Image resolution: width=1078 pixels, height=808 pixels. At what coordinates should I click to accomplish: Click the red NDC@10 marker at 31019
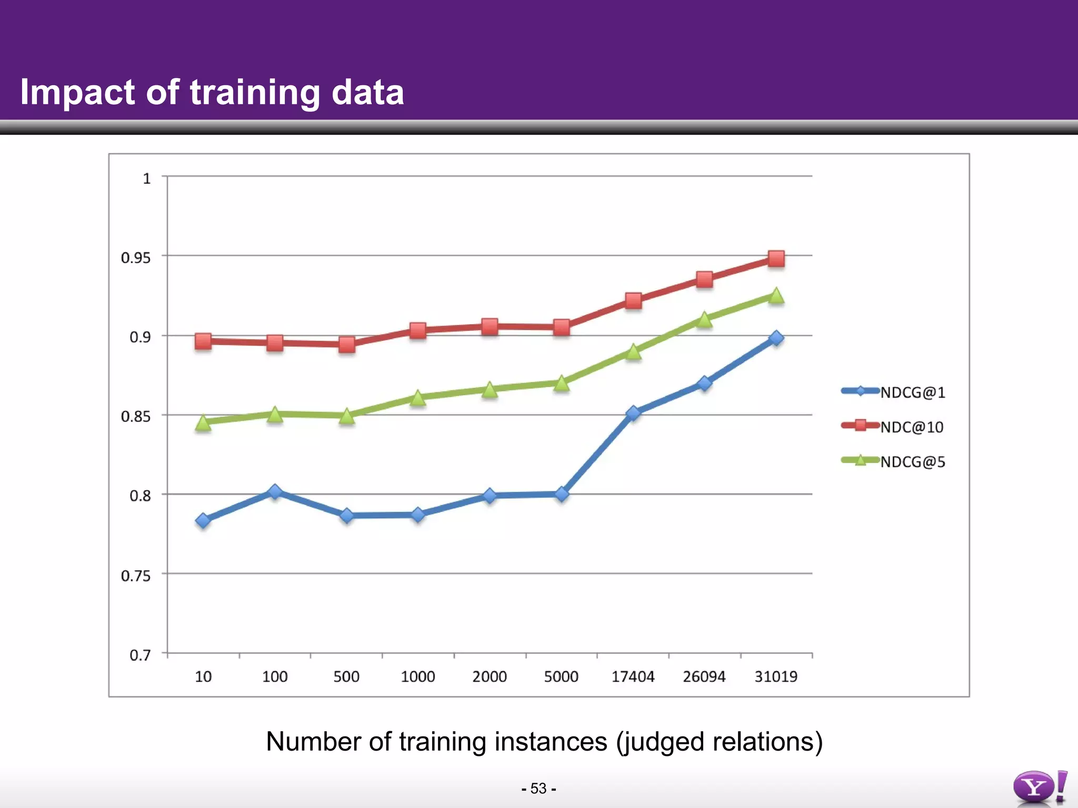point(776,259)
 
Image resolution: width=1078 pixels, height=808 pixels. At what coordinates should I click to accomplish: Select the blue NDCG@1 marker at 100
point(275,492)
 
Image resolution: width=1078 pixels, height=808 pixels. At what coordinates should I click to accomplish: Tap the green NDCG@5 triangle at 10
point(203,422)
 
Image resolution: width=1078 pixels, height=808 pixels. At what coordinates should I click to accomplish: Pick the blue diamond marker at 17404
point(633,413)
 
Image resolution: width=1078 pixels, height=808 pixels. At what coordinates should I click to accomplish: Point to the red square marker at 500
point(347,345)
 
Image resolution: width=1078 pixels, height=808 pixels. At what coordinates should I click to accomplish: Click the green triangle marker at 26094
point(704,319)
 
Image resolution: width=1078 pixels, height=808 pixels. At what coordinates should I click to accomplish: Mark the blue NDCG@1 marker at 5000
point(562,494)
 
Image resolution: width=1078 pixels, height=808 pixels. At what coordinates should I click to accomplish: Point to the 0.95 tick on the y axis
point(136,258)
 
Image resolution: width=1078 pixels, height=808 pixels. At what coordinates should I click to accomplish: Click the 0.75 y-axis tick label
point(136,576)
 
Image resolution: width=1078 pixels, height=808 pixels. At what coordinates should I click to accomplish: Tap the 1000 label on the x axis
point(418,676)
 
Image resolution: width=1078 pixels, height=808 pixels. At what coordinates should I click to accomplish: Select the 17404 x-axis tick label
point(633,676)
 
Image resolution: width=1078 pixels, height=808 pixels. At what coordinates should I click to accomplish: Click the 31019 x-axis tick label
point(776,676)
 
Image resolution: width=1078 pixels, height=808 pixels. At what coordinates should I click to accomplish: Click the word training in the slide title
point(255,93)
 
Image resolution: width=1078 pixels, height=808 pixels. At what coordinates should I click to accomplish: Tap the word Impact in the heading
point(78,93)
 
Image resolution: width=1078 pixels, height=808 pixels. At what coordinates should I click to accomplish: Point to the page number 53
point(538,789)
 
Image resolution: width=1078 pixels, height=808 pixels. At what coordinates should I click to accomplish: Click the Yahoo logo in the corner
point(1039,787)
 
